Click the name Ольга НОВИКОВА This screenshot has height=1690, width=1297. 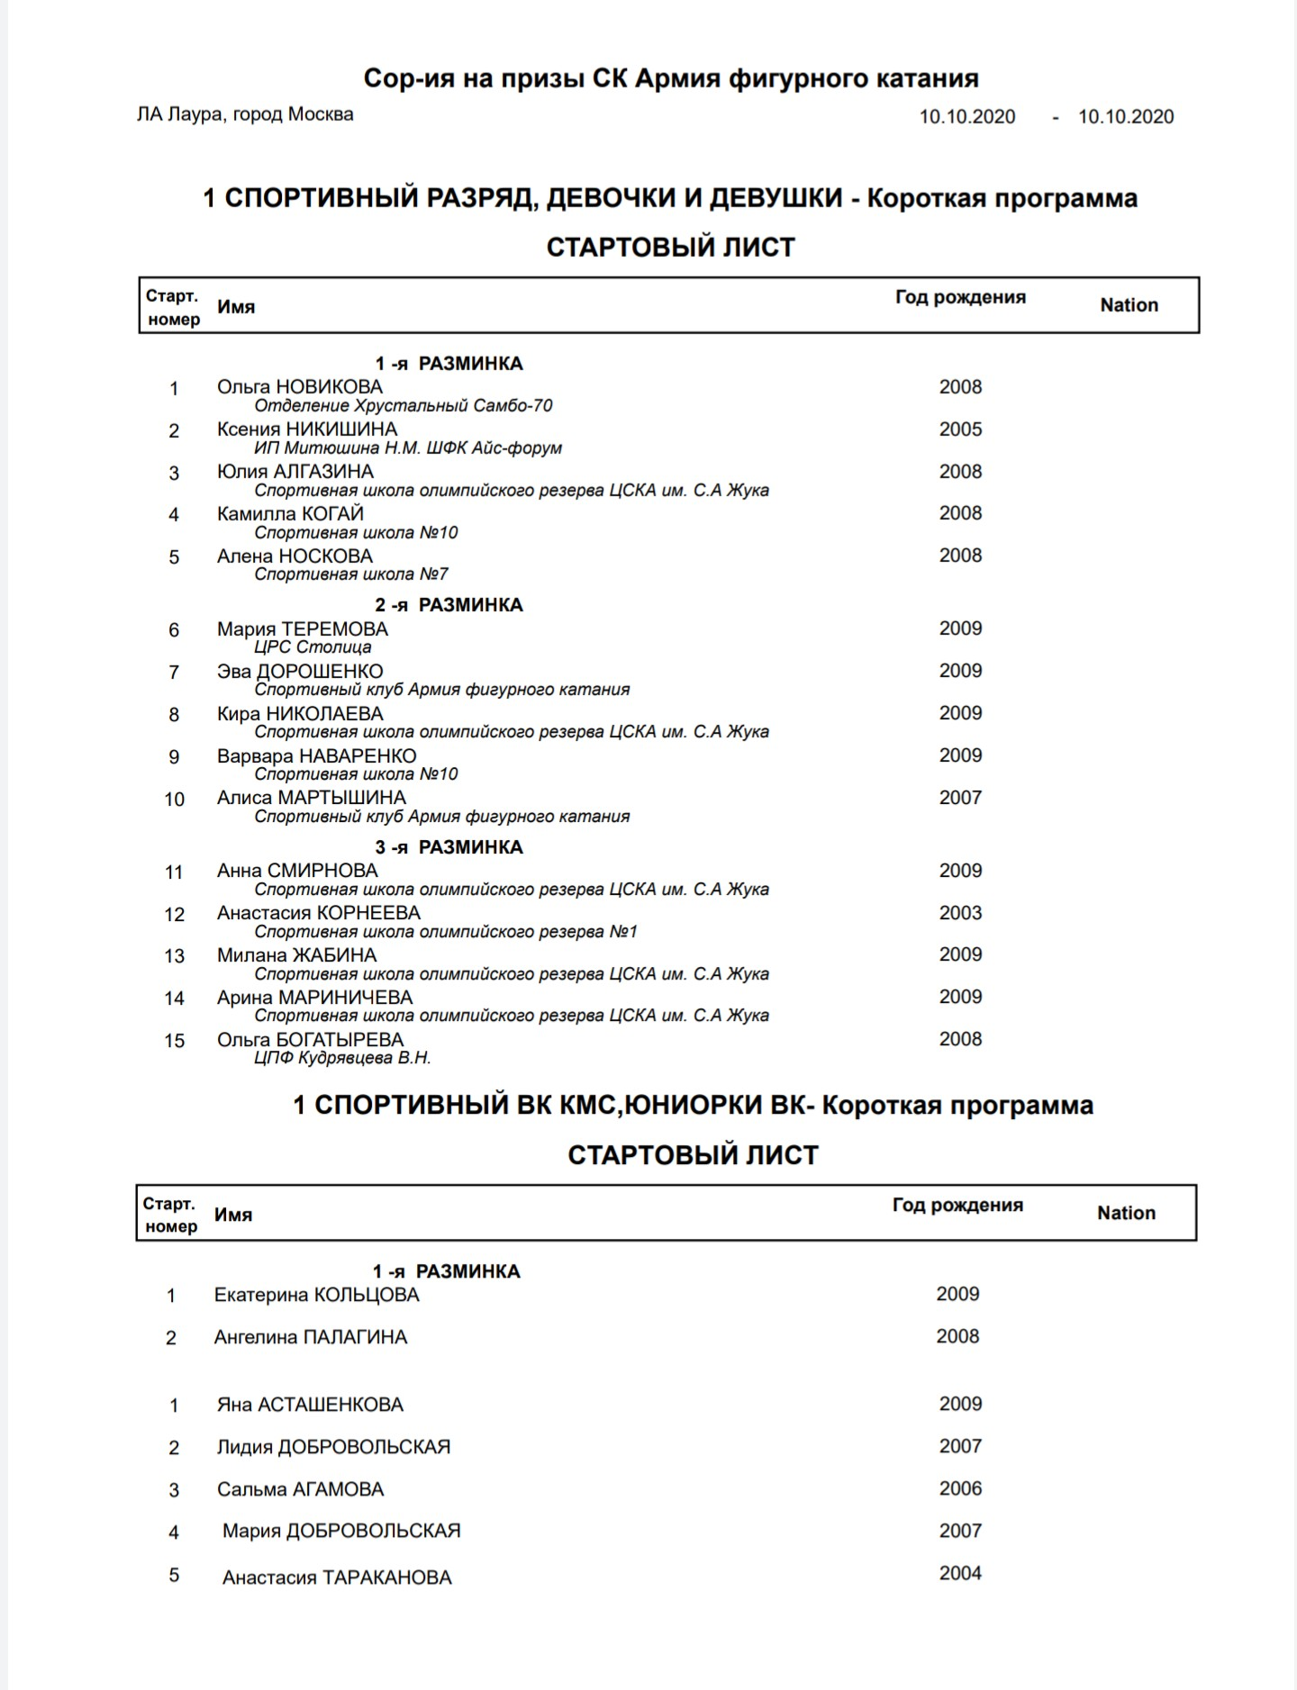coord(299,387)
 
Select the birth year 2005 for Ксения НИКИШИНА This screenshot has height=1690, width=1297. coord(960,429)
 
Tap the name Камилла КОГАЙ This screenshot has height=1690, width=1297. coord(290,514)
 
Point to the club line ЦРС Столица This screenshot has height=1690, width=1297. coord(313,647)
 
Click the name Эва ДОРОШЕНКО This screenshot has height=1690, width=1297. coord(300,672)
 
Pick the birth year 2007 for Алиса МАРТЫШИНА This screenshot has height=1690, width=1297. coord(960,798)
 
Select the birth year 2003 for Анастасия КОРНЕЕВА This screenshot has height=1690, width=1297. coord(960,913)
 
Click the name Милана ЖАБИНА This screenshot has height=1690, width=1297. coord(296,955)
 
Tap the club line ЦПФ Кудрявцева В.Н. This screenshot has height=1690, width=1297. coord(342,1058)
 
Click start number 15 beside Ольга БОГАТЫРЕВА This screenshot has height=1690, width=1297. coord(174,1041)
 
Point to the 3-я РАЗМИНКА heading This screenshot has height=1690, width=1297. coord(449,847)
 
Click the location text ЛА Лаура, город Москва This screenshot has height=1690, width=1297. coord(245,114)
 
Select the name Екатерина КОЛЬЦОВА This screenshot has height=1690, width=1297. coord(316,1296)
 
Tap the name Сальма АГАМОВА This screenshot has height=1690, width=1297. coord(300,1489)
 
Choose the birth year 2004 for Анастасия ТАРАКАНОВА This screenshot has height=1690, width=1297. coord(960,1573)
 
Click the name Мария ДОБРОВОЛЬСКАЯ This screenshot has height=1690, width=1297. coord(341,1531)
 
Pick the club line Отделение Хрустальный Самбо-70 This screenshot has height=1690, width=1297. coord(403,406)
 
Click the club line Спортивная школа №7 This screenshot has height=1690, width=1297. coord(350,574)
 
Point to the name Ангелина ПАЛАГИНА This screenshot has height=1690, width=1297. coord(310,1338)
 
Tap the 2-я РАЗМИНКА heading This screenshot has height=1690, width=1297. coord(449,605)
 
